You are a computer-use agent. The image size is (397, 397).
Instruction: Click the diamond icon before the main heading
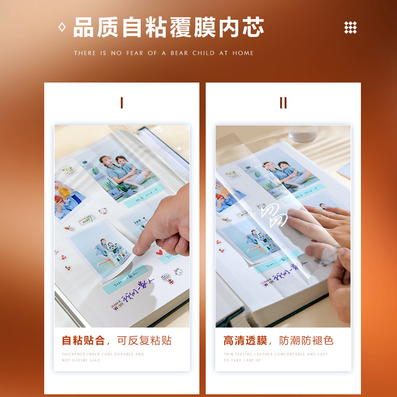click(62, 28)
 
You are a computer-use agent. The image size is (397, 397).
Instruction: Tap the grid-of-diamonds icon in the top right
click(351, 28)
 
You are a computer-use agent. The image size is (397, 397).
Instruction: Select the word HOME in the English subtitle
click(243, 53)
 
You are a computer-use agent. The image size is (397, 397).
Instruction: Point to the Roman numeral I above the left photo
click(121, 103)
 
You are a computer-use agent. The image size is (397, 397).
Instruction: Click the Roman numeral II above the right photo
click(283, 103)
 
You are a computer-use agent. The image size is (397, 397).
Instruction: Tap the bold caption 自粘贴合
click(83, 341)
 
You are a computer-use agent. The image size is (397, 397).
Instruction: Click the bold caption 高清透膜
click(245, 341)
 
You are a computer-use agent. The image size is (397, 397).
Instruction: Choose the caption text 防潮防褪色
click(306, 341)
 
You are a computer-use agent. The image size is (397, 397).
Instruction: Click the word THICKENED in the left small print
click(74, 354)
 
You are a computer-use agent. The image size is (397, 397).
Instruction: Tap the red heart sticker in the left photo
click(159, 253)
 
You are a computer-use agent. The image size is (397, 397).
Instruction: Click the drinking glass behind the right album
click(303, 134)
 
